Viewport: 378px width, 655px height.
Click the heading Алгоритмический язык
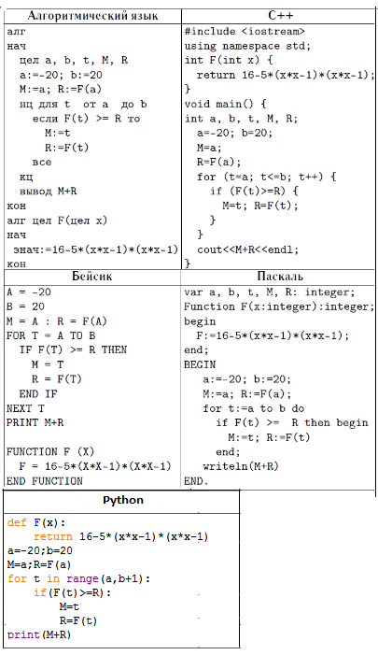pos(92,16)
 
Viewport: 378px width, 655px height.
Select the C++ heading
pos(281,16)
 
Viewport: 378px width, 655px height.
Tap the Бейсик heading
pos(91,276)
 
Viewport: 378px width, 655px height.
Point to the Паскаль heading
pos(280,277)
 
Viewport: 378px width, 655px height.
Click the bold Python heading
pos(123,500)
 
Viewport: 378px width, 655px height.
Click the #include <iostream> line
pos(245,32)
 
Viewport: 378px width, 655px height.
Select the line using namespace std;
pos(248,46)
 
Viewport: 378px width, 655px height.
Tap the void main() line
pos(225,104)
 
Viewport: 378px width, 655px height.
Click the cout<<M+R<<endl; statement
pos(248,249)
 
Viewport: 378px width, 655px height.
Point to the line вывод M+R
pos(48,192)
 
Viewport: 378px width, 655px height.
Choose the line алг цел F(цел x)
pos(57,221)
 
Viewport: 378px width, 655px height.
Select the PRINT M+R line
pos(35,422)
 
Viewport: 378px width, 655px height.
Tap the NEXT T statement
pos(25,408)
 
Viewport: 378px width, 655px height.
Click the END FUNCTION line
pos(45,481)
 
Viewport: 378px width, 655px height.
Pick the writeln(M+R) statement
pos(241,466)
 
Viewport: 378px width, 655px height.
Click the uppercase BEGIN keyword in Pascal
pos(200,364)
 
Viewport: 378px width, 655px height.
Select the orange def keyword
pos(17,522)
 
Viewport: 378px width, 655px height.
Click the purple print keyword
pos(23,635)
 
